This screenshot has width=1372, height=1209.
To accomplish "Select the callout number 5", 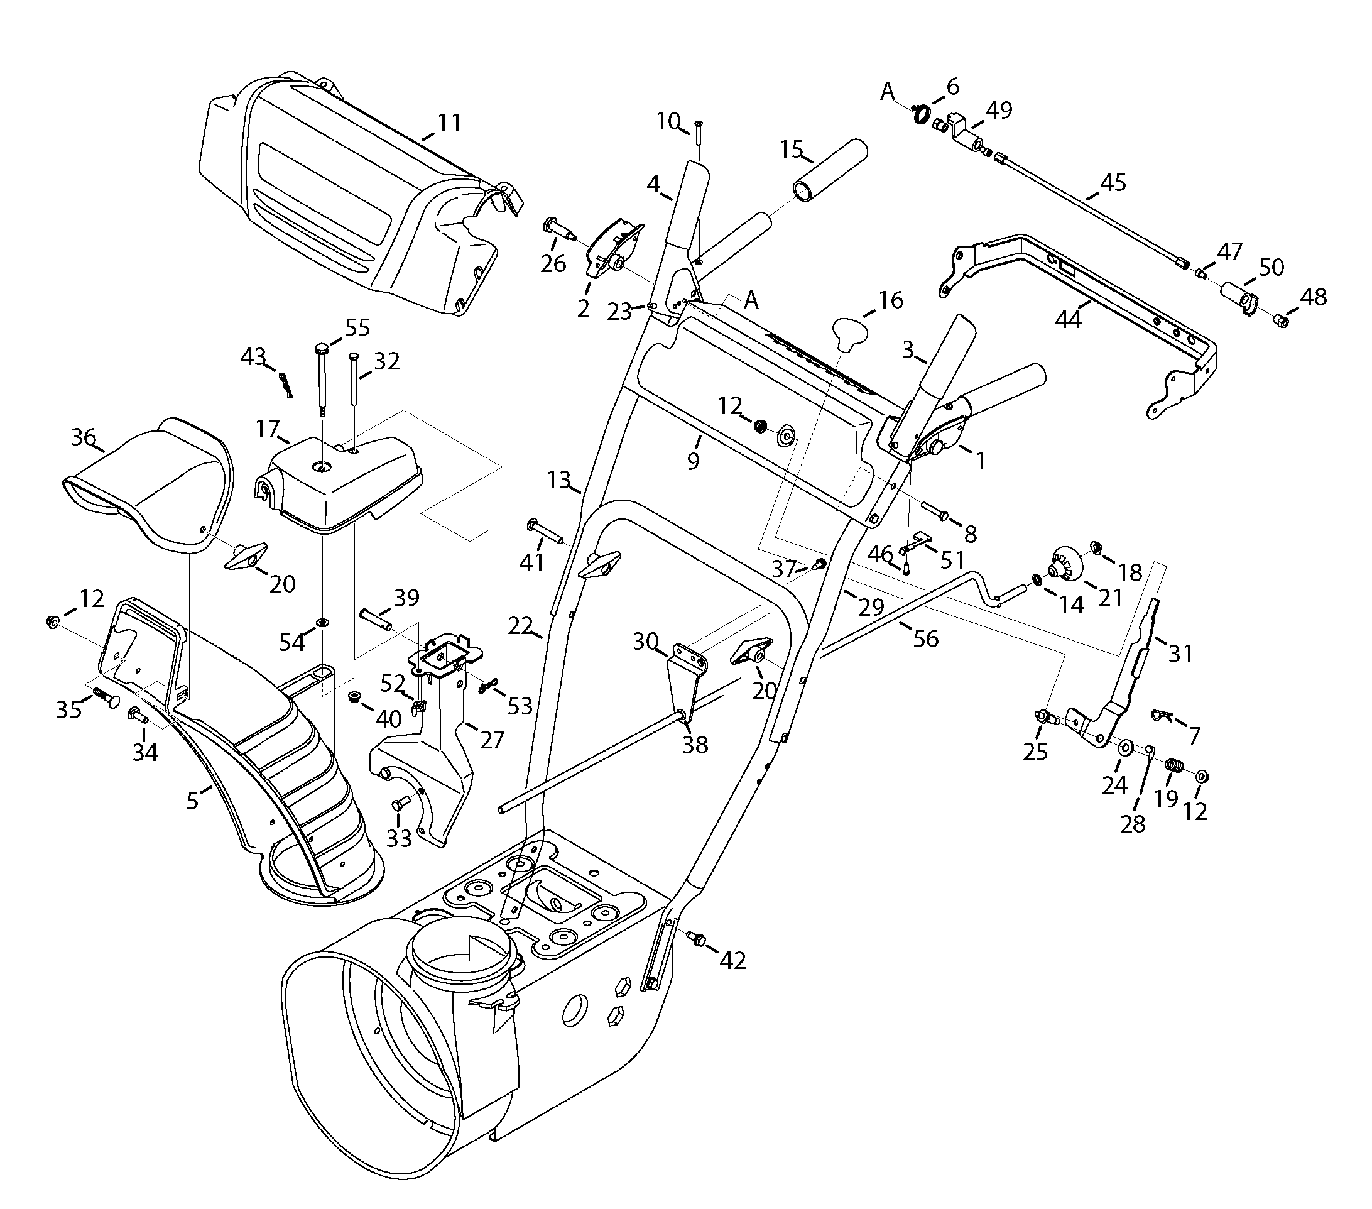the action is point(193,800).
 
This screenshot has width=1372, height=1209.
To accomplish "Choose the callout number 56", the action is point(925,638).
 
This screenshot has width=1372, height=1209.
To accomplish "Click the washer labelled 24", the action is point(1126,747).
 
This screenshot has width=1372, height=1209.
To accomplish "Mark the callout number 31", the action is point(1180,653).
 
